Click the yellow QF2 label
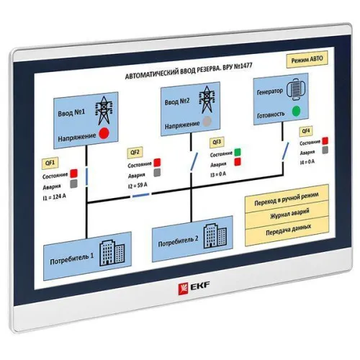[x=134, y=153]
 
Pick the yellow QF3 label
[x=217, y=143]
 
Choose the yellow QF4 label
[x=306, y=131]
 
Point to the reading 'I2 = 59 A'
[x=143, y=185]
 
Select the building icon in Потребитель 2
[x=210, y=234]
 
